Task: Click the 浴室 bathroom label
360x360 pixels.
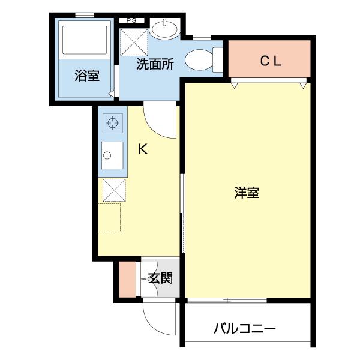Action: [87, 76]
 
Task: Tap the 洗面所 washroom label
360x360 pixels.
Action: [155, 65]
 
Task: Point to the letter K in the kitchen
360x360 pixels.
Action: [143, 149]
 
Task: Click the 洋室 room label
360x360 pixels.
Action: [247, 193]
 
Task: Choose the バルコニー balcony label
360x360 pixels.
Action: [244, 329]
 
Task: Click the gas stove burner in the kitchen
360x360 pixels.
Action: [112, 124]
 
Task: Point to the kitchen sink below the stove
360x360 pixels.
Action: [112, 157]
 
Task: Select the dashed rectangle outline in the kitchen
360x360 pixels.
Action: [109, 217]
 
